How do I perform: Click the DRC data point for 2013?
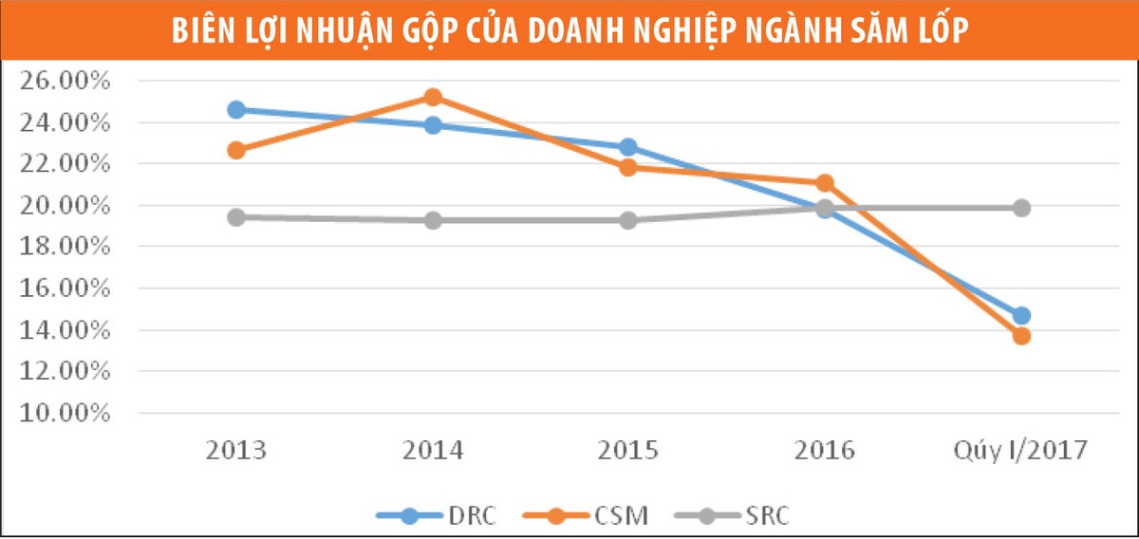[236, 109]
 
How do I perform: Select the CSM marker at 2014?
[433, 97]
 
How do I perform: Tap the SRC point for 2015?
[628, 219]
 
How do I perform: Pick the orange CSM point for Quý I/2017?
[1021, 336]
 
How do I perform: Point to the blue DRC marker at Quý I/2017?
[1021, 315]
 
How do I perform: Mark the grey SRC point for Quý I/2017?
[1021, 208]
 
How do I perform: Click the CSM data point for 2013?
[236, 150]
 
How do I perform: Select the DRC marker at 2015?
[628, 147]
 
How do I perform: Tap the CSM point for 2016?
[825, 183]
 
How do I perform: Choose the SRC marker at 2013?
[236, 217]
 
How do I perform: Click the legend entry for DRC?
[436, 516]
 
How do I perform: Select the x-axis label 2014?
[433, 449]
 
